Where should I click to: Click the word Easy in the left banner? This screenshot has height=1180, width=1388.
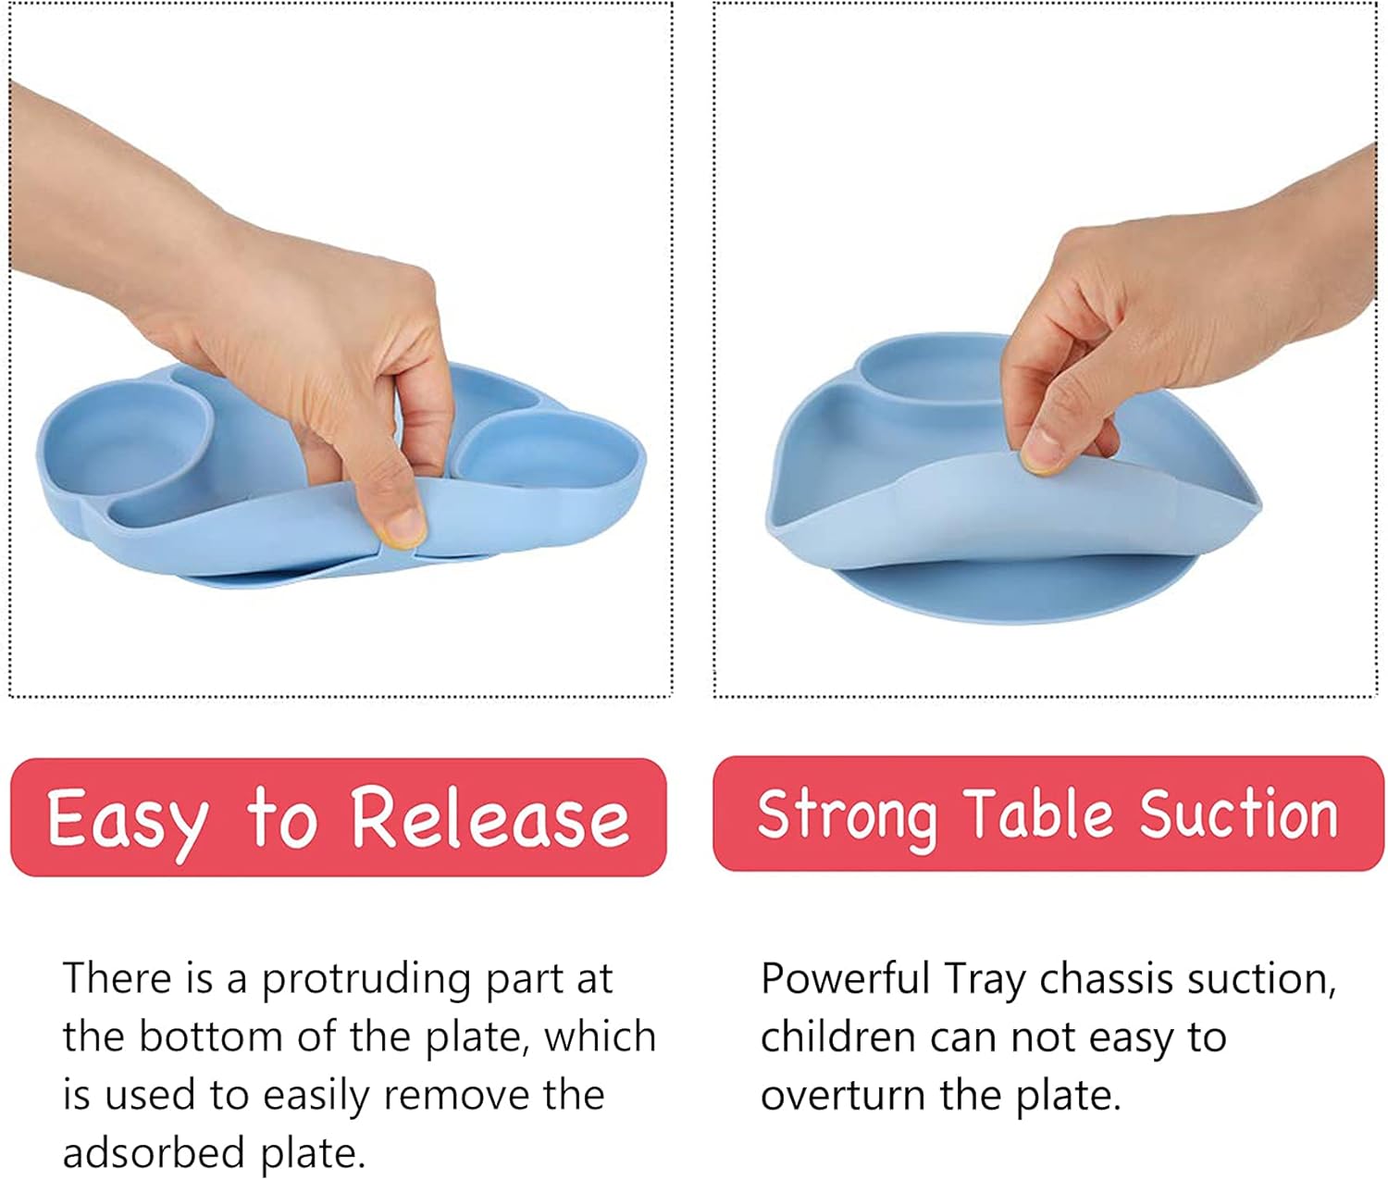point(128,818)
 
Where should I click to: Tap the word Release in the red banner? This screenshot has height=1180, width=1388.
point(490,818)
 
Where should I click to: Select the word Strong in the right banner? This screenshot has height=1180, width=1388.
point(847,815)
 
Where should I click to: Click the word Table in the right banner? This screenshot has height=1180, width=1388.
point(1039,814)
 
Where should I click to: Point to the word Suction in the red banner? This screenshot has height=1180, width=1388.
point(1238,814)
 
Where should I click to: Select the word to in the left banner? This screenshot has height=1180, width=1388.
point(281,818)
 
